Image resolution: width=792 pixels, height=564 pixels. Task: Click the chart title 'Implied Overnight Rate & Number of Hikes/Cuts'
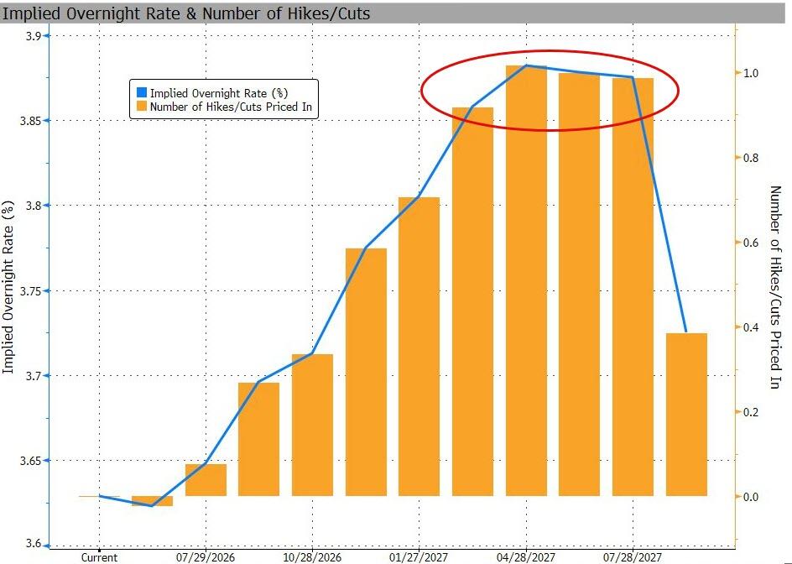186,13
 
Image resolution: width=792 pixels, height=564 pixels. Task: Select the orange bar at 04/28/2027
526,280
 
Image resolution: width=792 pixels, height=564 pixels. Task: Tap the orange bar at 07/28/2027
633,286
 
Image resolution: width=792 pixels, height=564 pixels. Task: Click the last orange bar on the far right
686,415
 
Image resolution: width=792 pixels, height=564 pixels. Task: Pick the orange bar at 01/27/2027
419,346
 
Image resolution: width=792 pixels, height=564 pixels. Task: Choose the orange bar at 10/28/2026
313,425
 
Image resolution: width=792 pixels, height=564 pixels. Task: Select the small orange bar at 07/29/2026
206,479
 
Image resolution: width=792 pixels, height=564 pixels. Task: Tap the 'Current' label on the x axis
100,557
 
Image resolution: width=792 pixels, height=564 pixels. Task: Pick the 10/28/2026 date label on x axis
313,557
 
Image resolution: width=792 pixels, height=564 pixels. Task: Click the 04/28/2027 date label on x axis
526,557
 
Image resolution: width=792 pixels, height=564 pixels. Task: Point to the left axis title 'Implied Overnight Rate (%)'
8,287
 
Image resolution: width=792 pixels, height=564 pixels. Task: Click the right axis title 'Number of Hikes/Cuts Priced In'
775,287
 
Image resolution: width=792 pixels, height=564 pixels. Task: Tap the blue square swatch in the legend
142,92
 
